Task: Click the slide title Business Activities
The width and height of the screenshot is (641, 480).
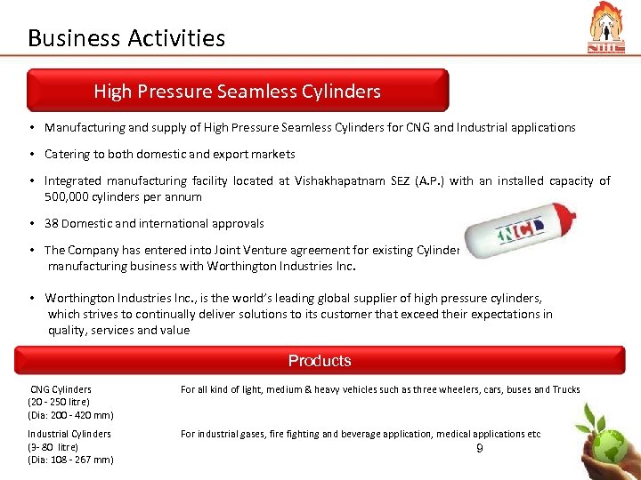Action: click(x=126, y=38)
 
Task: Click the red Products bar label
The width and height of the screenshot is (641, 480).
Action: click(x=320, y=361)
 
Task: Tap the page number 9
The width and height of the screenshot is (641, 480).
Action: click(x=480, y=449)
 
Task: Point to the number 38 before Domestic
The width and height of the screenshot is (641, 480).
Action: click(x=53, y=224)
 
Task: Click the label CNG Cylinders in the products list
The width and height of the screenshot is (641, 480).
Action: click(x=61, y=389)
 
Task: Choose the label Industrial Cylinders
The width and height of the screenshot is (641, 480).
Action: click(x=69, y=434)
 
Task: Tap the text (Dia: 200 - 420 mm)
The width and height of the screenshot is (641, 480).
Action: click(x=70, y=415)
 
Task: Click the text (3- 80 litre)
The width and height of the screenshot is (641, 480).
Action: click(x=53, y=446)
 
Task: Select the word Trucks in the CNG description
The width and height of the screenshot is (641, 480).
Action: click(x=566, y=389)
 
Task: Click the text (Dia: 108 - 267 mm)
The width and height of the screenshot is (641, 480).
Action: click(x=70, y=460)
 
